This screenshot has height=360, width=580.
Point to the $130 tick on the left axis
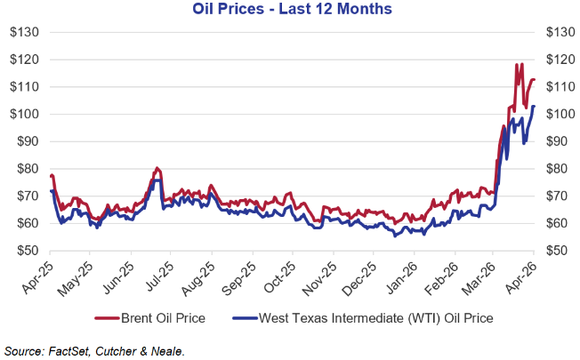click(x=23, y=32)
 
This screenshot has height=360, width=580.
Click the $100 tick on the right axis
click(x=557, y=114)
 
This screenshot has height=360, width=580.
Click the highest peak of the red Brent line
click(x=517, y=65)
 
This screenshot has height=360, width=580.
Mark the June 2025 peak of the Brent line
click(x=157, y=168)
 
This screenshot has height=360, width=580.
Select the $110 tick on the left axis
click(x=23, y=87)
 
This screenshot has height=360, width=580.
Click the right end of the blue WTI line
click(x=534, y=107)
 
